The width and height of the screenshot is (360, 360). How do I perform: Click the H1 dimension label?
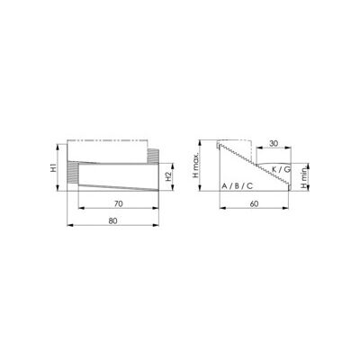(53, 167)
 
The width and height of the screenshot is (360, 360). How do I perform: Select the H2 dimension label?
(168, 177)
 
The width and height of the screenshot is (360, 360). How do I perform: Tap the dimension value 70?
(119, 204)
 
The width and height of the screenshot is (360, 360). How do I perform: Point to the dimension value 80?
(112, 221)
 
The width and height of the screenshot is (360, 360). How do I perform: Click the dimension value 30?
(274, 144)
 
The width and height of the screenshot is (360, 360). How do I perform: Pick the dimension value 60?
(254, 204)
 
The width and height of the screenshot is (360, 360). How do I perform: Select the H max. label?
(195, 166)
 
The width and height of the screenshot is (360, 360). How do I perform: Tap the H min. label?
(305, 178)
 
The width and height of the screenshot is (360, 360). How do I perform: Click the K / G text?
(281, 169)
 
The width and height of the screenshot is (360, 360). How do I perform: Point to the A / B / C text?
(237, 186)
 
